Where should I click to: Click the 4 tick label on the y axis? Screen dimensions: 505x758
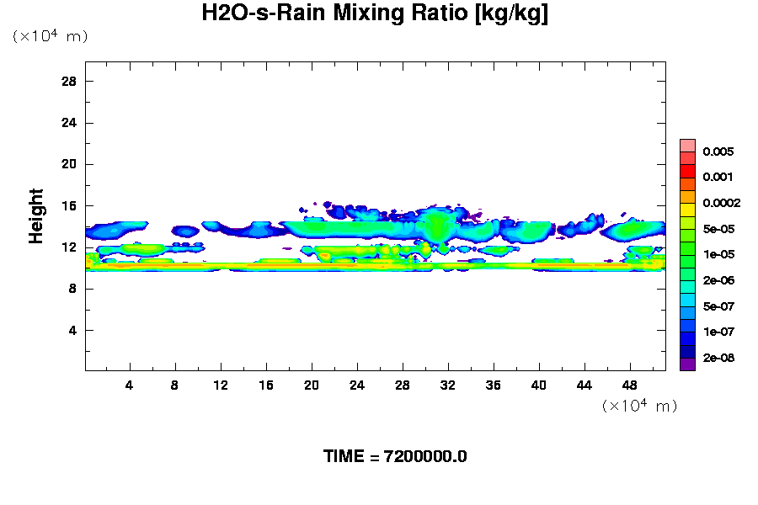(x=73, y=330)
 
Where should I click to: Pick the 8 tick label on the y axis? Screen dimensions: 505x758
(x=73, y=289)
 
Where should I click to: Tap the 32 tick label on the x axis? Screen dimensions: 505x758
(x=447, y=385)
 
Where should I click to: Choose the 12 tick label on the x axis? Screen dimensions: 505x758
(x=221, y=385)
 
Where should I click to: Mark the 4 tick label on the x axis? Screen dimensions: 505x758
(x=130, y=385)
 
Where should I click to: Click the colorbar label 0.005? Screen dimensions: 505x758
(x=719, y=152)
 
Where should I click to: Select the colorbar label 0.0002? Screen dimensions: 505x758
(x=722, y=203)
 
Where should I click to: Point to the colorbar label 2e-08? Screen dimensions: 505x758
(x=719, y=358)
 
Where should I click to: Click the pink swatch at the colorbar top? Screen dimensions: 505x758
(x=687, y=145)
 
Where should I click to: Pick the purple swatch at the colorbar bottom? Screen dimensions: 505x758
(x=687, y=364)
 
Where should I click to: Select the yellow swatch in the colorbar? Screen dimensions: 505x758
(x=687, y=208)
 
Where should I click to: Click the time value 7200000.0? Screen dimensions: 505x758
(x=425, y=457)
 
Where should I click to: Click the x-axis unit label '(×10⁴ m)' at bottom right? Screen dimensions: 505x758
(x=639, y=407)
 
